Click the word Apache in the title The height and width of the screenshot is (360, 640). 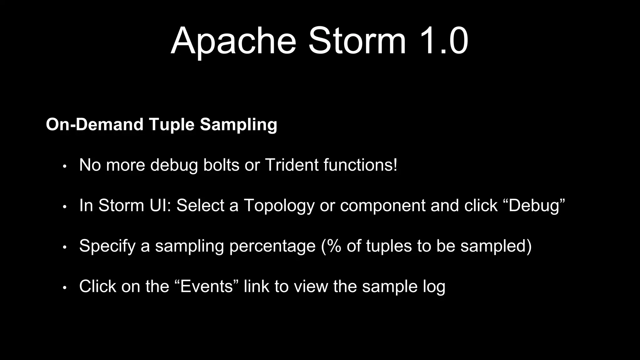click(233, 41)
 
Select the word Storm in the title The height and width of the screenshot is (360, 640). click(357, 41)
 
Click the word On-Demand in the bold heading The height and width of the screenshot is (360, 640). click(94, 124)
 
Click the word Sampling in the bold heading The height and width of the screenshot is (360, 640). click(238, 124)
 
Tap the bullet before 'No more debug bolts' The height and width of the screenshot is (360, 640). click(65, 166)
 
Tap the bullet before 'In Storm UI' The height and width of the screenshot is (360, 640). click(65, 207)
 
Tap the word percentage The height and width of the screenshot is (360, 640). click(272, 246)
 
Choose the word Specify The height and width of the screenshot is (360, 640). click(107, 246)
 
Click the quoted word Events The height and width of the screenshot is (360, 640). click(207, 286)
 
